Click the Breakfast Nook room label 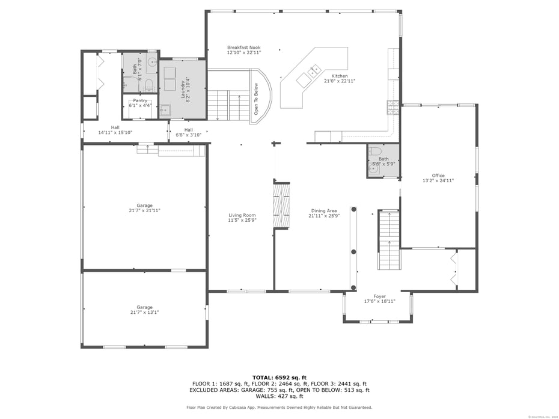tap(243, 47)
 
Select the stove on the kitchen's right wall tap(393, 106)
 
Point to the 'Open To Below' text tap(256, 99)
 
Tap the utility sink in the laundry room tap(165, 110)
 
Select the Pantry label tap(140, 100)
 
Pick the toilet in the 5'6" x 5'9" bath tap(374, 151)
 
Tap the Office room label tap(438, 176)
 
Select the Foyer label tap(379, 296)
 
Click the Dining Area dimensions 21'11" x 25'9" tap(323, 215)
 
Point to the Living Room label tap(242, 215)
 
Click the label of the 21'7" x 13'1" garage tap(144, 307)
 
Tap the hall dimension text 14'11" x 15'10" tap(115, 132)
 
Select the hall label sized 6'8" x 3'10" tap(189, 130)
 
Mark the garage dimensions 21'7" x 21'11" tap(144, 210)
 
